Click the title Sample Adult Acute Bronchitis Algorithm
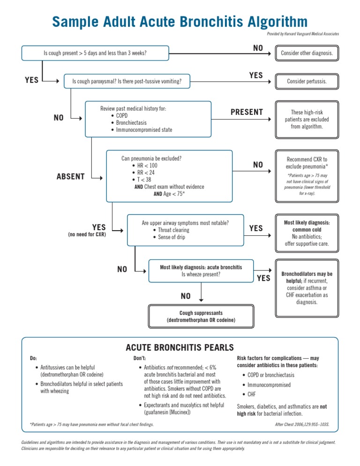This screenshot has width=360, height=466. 180,22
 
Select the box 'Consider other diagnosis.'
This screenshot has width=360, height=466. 307,53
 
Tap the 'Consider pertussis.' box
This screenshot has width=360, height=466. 307,82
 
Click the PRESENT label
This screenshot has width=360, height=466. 247,113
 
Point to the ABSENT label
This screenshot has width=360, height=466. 70,177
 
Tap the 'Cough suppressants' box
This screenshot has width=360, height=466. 201,316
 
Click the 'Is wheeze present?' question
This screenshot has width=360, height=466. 201,274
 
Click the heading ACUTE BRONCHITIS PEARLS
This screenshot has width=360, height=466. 180,347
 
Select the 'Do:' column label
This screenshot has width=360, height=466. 33,358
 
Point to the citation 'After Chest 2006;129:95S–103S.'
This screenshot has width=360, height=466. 301,425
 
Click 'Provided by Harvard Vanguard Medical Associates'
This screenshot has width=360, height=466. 303,34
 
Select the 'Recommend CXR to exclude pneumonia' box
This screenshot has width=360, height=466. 307,163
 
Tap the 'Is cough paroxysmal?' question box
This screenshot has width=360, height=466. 127,82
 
